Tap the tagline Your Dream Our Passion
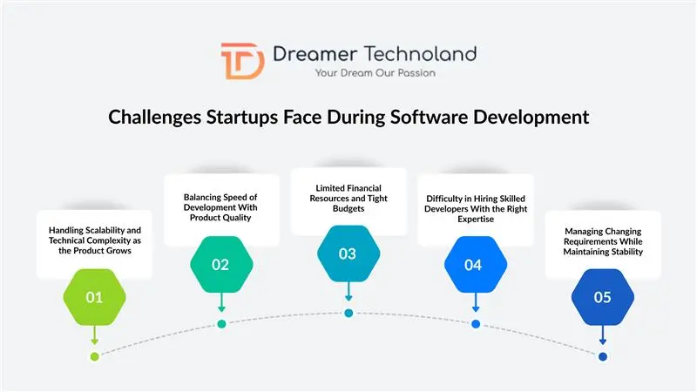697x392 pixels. [376, 73]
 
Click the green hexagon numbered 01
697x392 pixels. [94, 297]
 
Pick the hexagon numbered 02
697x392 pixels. [221, 264]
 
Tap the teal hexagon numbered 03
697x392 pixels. [348, 253]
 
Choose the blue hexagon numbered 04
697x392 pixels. [474, 264]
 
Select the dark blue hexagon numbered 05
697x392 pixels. [602, 297]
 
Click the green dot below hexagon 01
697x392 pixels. [94, 356]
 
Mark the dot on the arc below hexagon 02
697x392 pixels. [221, 324]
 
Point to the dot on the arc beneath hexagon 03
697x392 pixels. [348, 314]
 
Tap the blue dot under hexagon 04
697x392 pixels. [475, 324]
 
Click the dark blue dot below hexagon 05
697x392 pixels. [602, 356]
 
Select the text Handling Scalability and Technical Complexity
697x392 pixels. [95, 239]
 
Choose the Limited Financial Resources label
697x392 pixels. [348, 198]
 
